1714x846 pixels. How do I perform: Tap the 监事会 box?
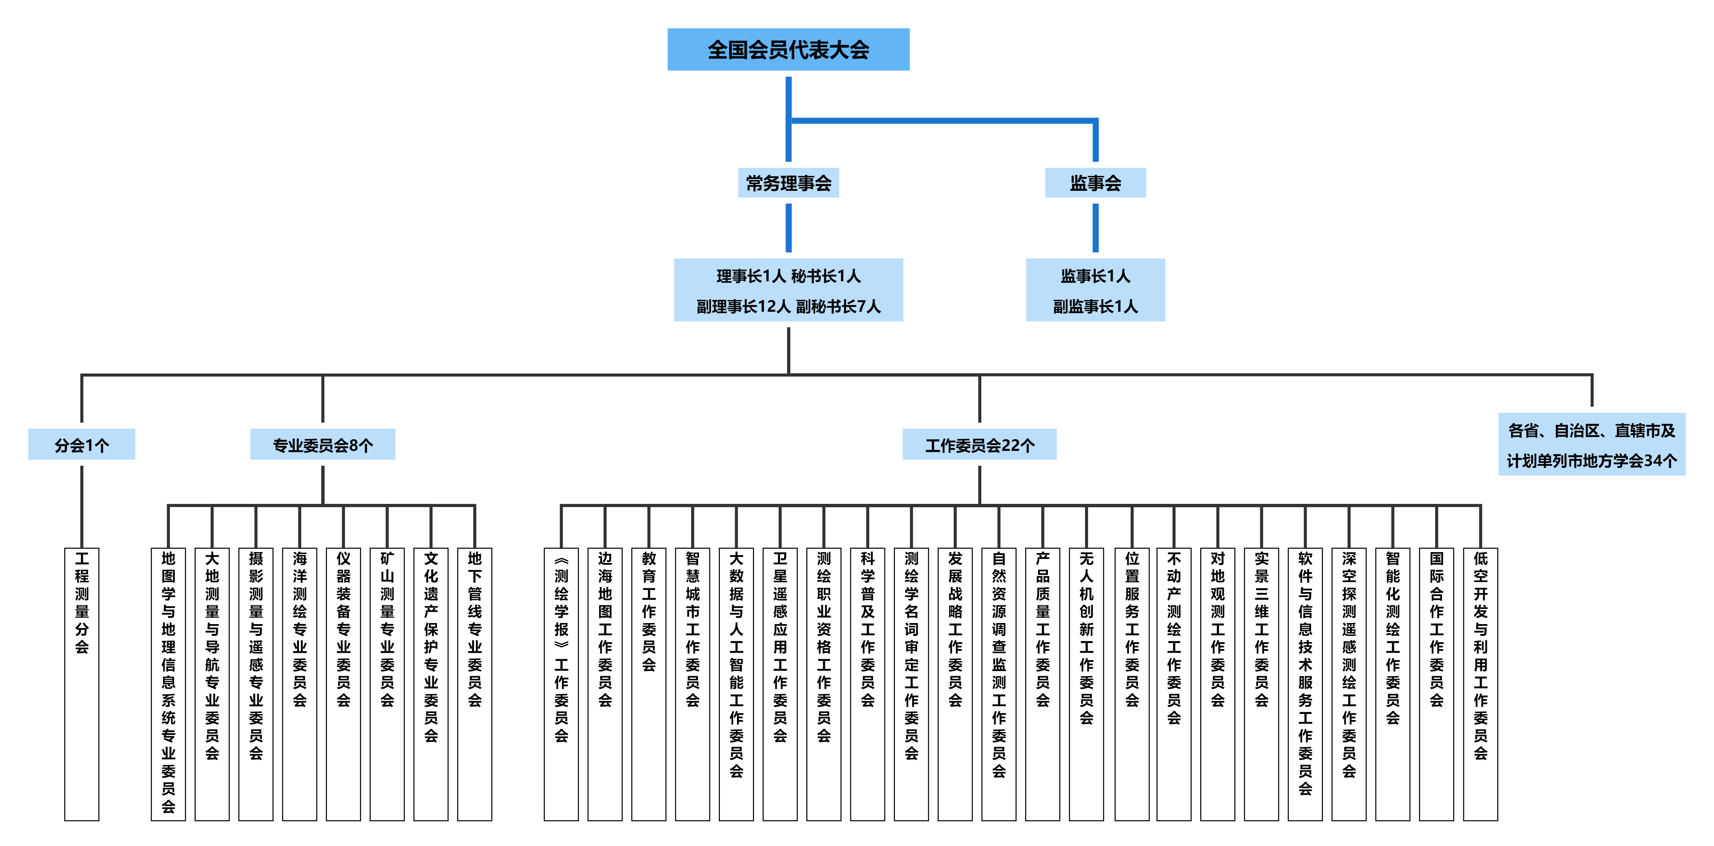[1095, 183]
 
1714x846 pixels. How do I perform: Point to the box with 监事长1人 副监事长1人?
[1095, 290]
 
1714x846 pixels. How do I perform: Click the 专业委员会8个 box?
[323, 444]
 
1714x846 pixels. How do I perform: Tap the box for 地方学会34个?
[1592, 444]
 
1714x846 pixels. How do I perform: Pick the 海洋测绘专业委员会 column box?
[299, 684]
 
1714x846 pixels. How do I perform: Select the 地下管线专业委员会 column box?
[474, 684]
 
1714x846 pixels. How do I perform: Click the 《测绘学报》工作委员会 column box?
[561, 684]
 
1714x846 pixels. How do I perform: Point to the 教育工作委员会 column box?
[649, 684]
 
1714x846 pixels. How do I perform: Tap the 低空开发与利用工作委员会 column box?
[1481, 684]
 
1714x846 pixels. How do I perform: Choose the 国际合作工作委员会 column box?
[1437, 684]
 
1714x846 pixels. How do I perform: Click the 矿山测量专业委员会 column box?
[387, 684]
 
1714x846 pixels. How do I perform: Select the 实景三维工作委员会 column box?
[1262, 684]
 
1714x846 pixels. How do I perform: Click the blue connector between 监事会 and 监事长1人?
[1095, 228]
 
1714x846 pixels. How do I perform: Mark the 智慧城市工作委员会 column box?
[692, 684]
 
